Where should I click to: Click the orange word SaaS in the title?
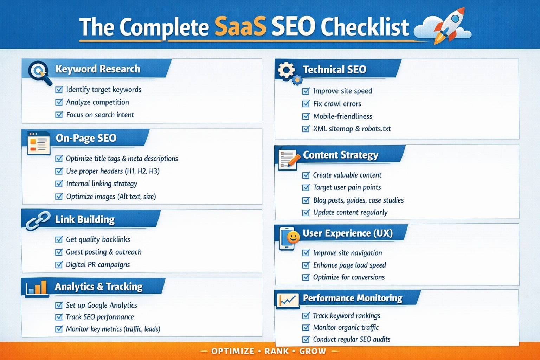pyautogui.click(x=240, y=26)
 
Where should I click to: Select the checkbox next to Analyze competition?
pyautogui.click(x=59, y=102)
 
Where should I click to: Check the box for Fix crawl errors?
pyautogui.click(x=306, y=104)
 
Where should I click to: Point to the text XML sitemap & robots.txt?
pyautogui.click(x=352, y=129)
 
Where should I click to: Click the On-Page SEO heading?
pyautogui.click(x=86, y=138)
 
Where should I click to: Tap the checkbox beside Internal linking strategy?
pyautogui.click(x=59, y=184)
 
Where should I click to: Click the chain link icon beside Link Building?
pyautogui.click(x=38, y=221)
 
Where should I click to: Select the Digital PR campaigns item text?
pyautogui.click(x=98, y=265)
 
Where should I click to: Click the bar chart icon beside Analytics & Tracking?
pyautogui.click(x=37, y=288)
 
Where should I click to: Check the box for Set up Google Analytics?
pyautogui.click(x=59, y=305)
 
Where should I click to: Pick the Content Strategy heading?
pyautogui.click(x=341, y=155)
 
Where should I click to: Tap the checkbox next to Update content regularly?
pyautogui.click(x=306, y=213)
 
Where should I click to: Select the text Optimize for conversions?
pyautogui.click(x=349, y=277)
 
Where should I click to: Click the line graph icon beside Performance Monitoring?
pyautogui.click(x=288, y=301)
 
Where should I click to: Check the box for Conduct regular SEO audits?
pyautogui.click(x=306, y=340)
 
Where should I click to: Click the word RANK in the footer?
pyautogui.click(x=277, y=351)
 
